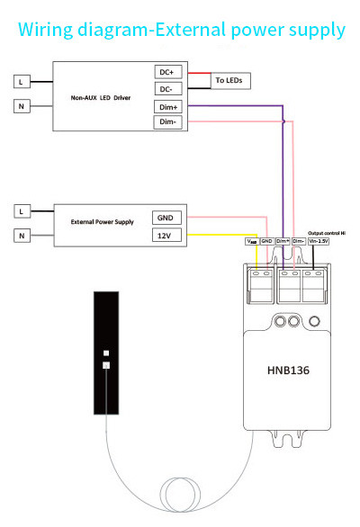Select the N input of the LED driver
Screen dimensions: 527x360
[x=22, y=107]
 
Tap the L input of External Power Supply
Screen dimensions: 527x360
[x=22, y=211]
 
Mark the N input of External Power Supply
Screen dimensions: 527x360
[x=22, y=236]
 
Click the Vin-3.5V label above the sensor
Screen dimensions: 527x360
[x=319, y=241]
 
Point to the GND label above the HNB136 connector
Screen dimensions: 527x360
[x=266, y=241]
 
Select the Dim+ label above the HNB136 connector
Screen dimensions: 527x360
[x=283, y=241]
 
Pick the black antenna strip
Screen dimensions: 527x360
[x=105, y=355]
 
